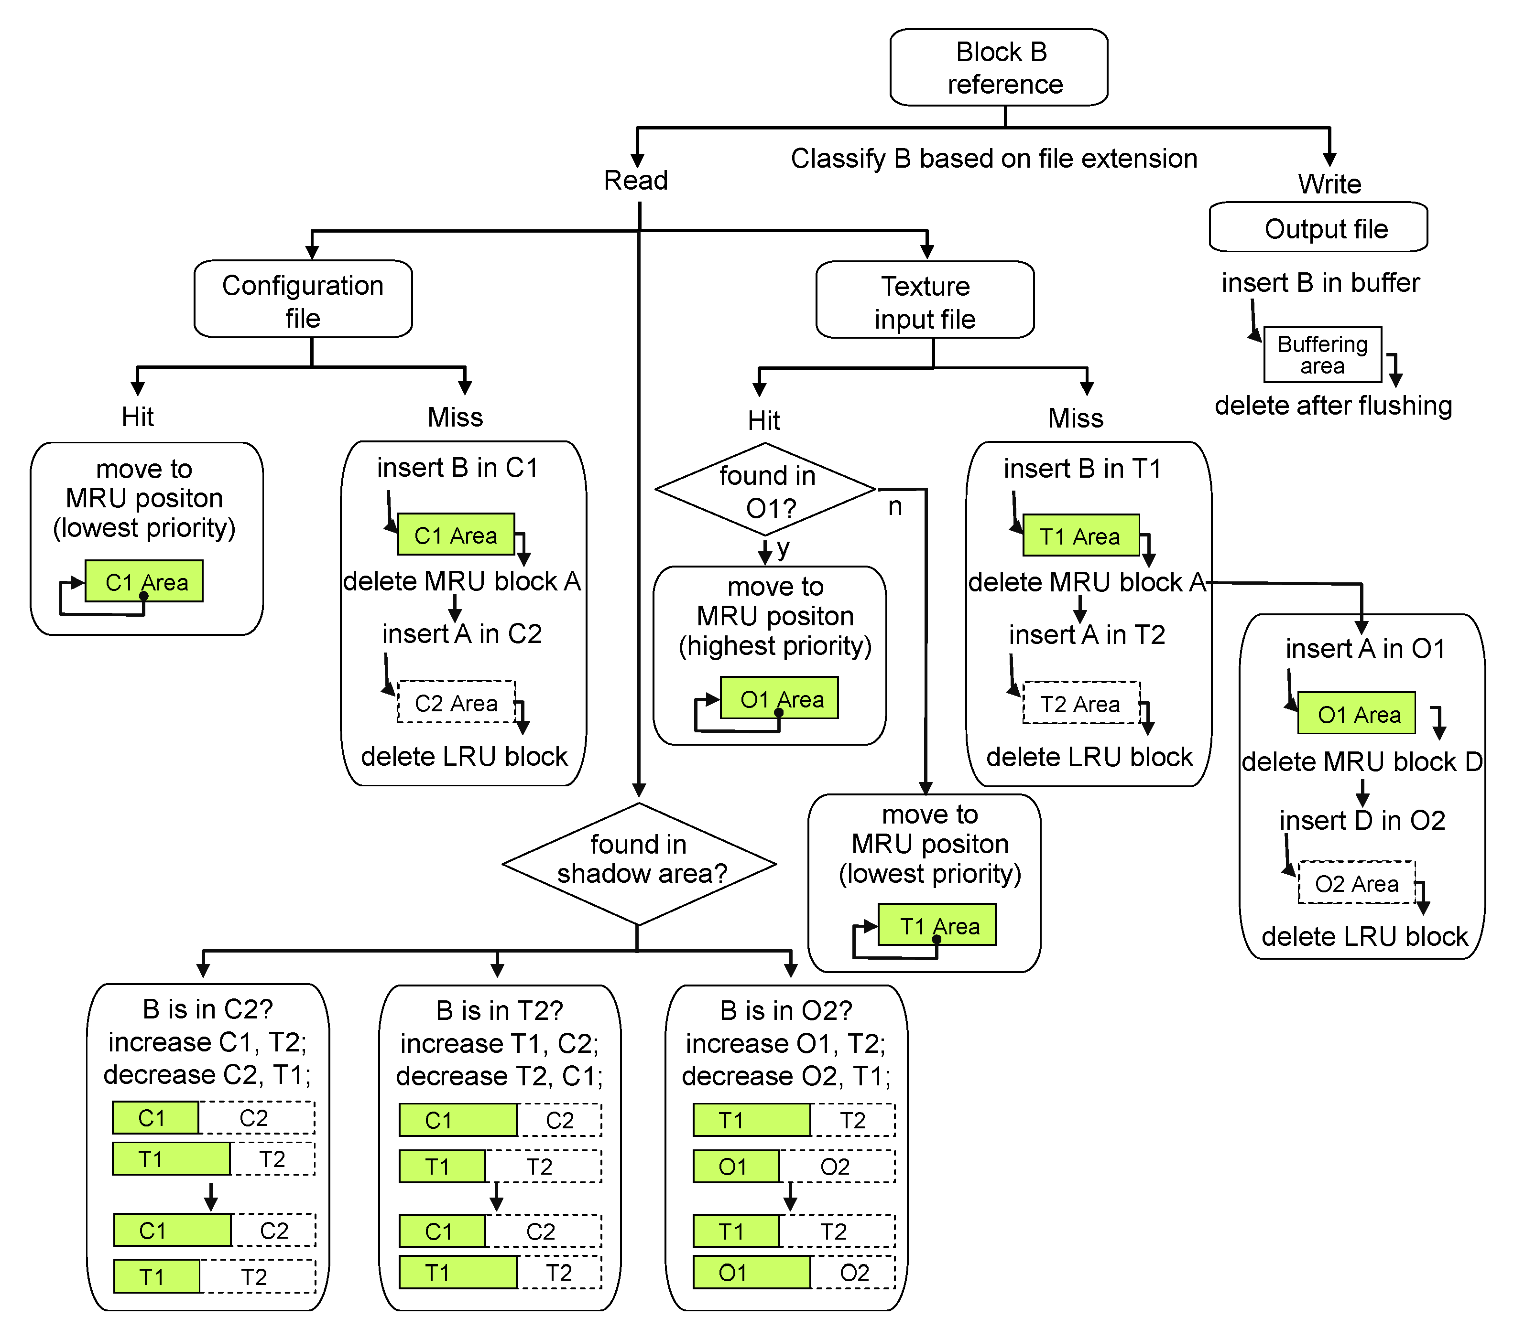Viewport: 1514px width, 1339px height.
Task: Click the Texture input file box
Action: pos(925,300)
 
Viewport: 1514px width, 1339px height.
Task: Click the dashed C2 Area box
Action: pos(456,702)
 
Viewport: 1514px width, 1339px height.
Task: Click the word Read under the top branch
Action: pos(635,180)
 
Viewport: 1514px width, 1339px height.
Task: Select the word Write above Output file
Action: pos(1329,183)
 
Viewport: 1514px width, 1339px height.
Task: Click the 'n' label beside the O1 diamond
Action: pos(895,506)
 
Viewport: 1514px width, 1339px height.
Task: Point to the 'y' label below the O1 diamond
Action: pos(783,548)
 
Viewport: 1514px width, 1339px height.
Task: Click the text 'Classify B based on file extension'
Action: pos(993,159)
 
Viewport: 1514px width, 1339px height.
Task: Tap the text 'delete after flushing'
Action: pos(1332,406)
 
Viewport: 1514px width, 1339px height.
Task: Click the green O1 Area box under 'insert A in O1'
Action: pos(1356,714)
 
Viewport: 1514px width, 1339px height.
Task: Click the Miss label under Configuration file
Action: pos(455,418)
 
